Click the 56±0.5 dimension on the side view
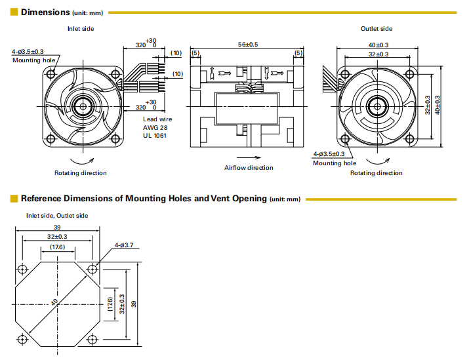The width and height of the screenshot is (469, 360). click(247, 44)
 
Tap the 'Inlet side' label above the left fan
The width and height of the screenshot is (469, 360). click(81, 29)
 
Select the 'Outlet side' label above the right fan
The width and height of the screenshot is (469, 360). click(377, 29)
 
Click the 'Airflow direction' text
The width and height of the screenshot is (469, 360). click(249, 168)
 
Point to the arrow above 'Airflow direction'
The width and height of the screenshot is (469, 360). click(249, 158)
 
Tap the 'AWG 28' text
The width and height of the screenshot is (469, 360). click(155, 127)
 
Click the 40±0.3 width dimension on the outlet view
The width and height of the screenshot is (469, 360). click(377, 45)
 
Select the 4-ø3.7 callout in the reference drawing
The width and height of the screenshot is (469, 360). click(124, 245)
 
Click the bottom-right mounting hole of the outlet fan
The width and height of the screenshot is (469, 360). click(409, 138)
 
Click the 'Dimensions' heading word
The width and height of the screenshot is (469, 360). click(45, 12)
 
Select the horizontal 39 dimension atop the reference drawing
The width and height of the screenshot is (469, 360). click(58, 228)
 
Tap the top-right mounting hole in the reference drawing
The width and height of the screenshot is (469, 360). click(92, 269)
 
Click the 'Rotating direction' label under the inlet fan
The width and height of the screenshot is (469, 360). click(80, 173)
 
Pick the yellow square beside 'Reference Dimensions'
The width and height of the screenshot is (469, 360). click(14, 198)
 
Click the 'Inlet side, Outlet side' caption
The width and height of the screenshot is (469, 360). click(57, 215)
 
